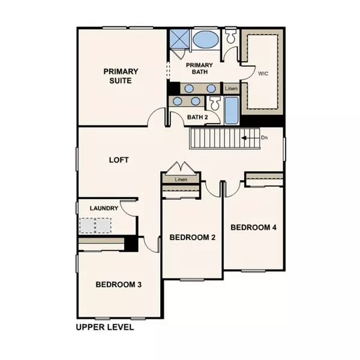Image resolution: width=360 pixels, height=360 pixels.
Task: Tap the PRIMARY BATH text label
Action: point(199,68)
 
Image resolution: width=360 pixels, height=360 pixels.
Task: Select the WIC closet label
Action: point(262,74)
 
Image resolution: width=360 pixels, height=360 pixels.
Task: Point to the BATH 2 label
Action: point(197,117)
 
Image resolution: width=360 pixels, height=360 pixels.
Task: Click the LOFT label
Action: point(119,160)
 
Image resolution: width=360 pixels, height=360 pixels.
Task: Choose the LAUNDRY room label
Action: point(103,208)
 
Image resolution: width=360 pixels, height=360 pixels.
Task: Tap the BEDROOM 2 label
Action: point(192,237)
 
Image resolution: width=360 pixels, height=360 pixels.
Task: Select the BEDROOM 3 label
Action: point(118,284)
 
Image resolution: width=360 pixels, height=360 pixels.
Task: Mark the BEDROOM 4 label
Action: point(253,227)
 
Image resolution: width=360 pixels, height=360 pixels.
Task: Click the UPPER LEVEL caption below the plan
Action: point(104,328)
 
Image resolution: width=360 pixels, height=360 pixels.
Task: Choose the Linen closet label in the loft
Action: point(182,179)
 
